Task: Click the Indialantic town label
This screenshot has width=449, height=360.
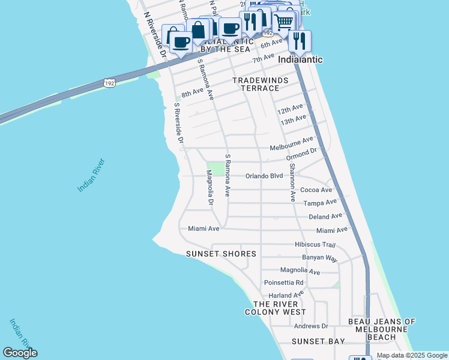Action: tap(300, 59)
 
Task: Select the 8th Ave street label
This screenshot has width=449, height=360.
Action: tap(193, 94)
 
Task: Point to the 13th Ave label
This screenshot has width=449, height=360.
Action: tap(292, 121)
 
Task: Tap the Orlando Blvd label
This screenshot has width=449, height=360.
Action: tap(264, 176)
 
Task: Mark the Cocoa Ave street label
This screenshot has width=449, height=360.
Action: tap(316, 190)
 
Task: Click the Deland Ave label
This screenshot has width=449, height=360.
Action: tap(325, 216)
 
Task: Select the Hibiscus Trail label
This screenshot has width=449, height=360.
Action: tap(315, 244)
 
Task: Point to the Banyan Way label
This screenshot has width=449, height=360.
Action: tap(320, 257)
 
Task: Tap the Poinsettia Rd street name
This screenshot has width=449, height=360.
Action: tap(284, 282)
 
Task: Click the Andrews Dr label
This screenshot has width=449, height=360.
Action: tap(311, 326)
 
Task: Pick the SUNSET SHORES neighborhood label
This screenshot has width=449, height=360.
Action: tap(221, 254)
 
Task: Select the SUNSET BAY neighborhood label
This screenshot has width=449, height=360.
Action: tap(318, 341)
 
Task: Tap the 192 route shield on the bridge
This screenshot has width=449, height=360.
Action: tap(109, 83)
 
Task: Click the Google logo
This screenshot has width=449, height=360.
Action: tap(20, 353)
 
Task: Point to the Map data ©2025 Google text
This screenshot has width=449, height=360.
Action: tap(412, 355)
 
